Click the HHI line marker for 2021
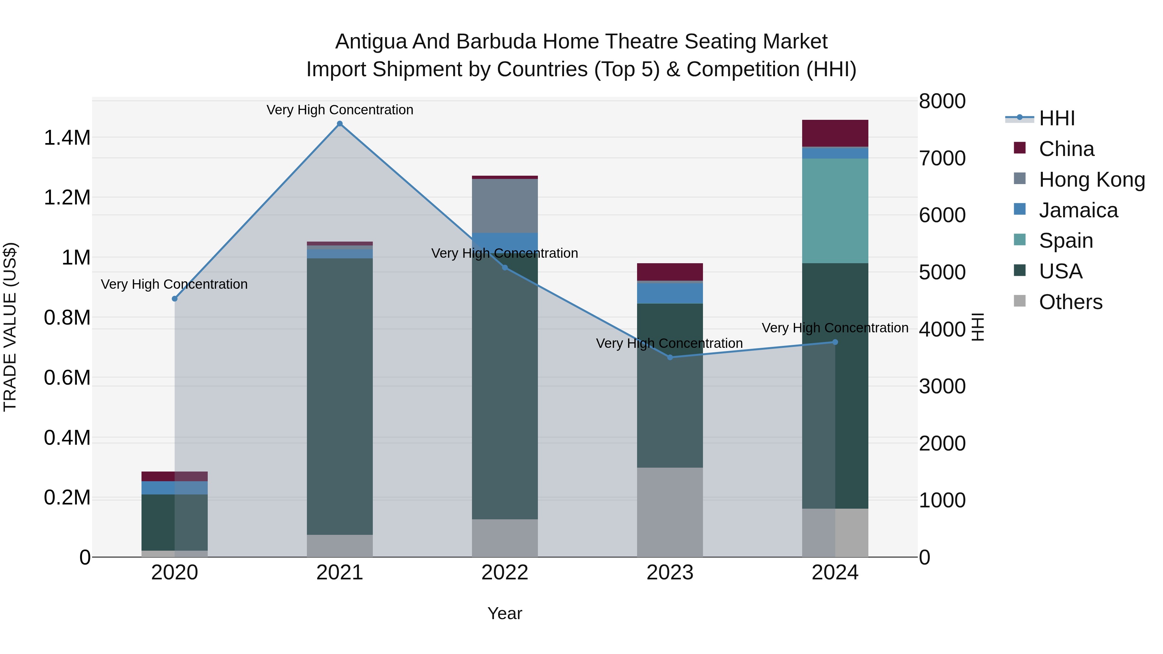340,124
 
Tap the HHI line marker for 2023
670,358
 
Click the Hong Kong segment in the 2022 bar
505,206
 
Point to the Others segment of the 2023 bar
670,512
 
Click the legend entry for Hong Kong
1092,180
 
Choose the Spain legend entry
1065,241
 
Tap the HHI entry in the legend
1056,118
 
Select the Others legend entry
1070,302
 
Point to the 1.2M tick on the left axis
67,198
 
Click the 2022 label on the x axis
505,573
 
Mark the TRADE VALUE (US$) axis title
10,327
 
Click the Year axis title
505,613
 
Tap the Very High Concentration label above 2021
340,110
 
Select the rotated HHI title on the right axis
978,327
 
